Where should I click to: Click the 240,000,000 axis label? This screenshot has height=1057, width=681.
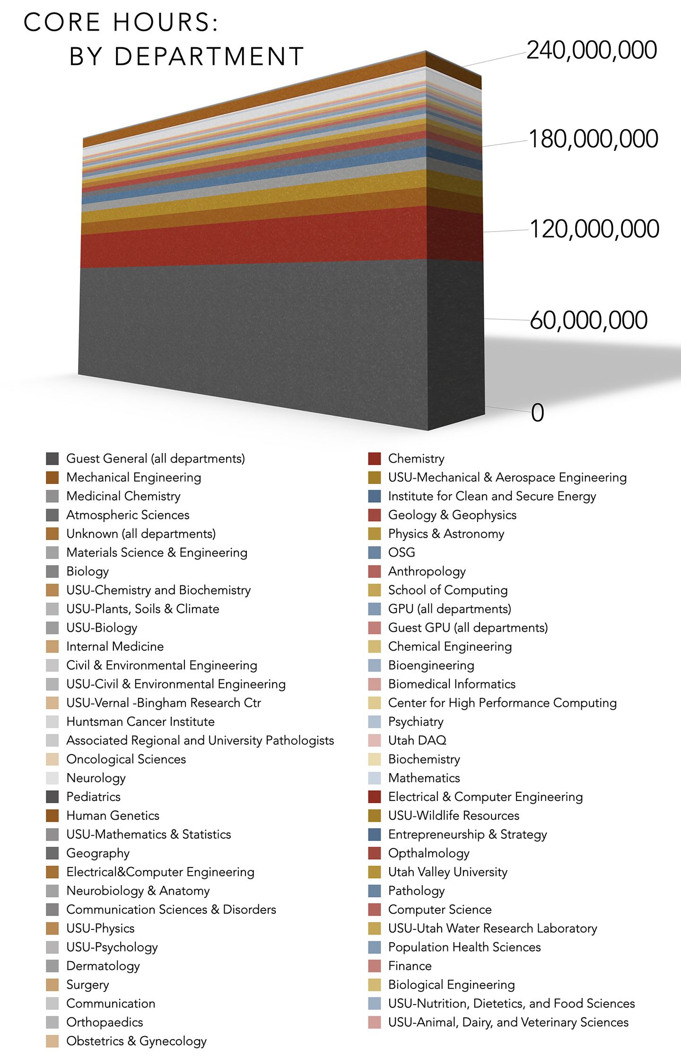pos(592,50)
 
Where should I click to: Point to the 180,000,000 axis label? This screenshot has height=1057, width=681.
pos(593,139)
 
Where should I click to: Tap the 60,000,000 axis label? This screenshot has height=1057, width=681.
pos(588,320)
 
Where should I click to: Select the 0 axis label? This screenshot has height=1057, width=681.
pos(537,412)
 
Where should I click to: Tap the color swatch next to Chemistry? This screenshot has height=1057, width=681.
pos(375,458)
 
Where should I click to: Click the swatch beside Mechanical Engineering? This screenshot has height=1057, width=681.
pos(52,477)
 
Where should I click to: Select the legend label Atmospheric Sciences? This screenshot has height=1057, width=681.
pos(128,515)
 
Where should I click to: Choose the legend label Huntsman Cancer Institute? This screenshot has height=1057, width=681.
pos(140,722)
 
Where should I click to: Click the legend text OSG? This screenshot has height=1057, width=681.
pos(402,552)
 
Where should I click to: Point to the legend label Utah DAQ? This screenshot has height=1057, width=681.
pos(417,740)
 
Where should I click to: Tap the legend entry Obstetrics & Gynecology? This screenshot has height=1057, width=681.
pos(136,1041)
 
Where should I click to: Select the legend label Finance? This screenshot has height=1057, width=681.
pos(410,966)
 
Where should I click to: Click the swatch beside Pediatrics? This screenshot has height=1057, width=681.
pos(52,797)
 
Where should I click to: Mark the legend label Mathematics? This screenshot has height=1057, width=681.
pos(424,778)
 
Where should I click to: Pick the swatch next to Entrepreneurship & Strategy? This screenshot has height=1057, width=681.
pos(375,834)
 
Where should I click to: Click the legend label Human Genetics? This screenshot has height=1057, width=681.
pos(113,816)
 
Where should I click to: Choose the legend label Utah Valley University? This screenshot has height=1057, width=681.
pos(447,872)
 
